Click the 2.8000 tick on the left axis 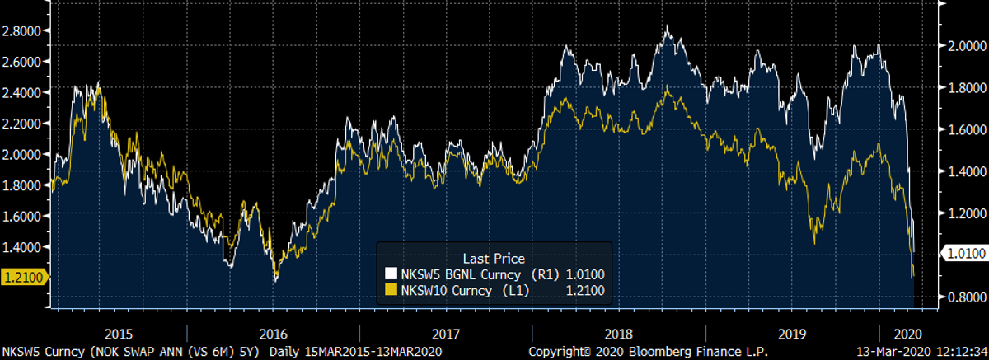click(23, 30)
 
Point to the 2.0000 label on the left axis click(23, 153)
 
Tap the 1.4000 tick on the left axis click(23, 246)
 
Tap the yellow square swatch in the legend click(391, 289)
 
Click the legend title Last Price click(494, 258)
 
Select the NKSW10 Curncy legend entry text click(448, 289)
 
